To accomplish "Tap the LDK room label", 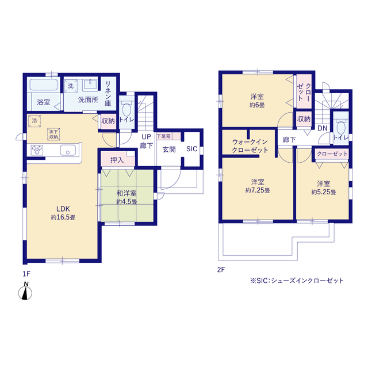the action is pos(63,209).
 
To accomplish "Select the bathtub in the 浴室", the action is pos(44,85).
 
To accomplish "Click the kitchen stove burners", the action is pos(37,150).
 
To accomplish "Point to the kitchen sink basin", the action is pos(68,150).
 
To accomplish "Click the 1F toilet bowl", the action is pos(126,109).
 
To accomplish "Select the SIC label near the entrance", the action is pos(191,149).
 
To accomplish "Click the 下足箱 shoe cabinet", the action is pos(168,136).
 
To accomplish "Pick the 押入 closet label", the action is pos(117,160).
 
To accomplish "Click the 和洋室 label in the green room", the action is pos(126,193).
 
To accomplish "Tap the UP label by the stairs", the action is pos(146,137).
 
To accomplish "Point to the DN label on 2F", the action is pos(322,128).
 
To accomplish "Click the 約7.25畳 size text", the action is pos(258,190).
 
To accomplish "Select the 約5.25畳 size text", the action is pos(324,192).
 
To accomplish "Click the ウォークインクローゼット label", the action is pos(250,146).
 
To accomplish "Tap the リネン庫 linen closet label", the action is pos(108,93).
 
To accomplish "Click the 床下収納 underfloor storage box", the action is pos(53,134).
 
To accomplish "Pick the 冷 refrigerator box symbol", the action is pos(34,121).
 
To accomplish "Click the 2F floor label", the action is pos(221,270).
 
